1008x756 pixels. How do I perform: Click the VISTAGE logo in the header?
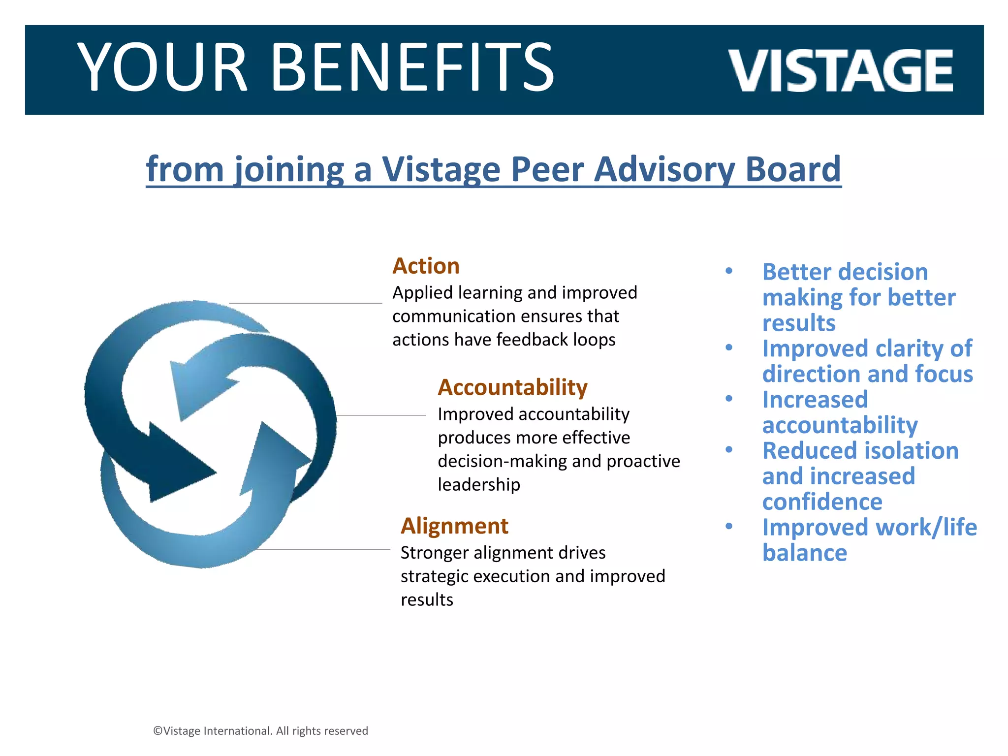[x=840, y=71]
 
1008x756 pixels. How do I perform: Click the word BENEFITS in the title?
[x=412, y=68]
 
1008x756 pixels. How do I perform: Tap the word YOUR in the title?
[x=162, y=68]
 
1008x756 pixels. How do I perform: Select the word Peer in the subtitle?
[x=545, y=169]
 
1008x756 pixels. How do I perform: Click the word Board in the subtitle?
[x=793, y=169]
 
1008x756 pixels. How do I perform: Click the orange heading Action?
[x=426, y=266]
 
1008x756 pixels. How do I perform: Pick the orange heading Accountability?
[x=512, y=387]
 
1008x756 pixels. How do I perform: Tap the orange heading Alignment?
[x=454, y=526]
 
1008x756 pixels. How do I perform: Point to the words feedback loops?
[x=556, y=340]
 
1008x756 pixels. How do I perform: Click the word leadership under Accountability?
[x=478, y=485]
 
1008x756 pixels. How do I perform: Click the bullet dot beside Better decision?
[x=729, y=271]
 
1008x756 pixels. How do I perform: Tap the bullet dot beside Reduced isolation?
[x=729, y=449]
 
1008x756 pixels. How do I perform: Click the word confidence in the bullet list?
[x=822, y=502]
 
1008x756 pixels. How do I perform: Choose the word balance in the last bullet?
[x=804, y=553]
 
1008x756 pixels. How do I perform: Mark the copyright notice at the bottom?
[x=260, y=731]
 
